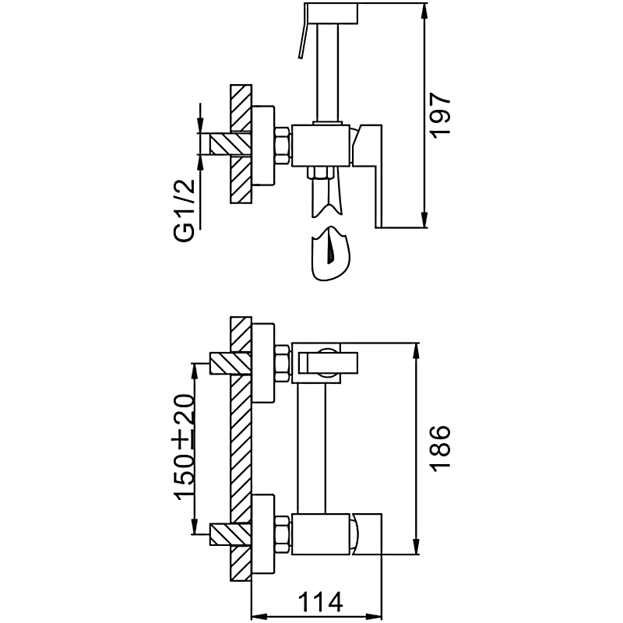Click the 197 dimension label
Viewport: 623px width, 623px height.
440,115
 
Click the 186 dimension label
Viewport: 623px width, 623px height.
440,447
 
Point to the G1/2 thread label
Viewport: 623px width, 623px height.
185,211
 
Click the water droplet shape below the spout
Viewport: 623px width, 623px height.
330,254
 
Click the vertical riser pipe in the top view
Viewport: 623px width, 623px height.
327,70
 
